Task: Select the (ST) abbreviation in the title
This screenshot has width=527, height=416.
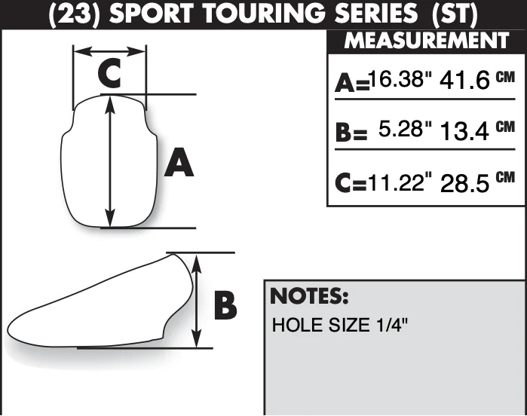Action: click(x=455, y=14)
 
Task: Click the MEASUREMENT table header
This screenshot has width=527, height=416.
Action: click(x=426, y=41)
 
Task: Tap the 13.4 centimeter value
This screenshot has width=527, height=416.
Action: click(x=464, y=131)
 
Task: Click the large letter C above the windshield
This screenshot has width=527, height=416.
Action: click(x=109, y=73)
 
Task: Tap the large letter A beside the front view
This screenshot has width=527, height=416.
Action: click(x=179, y=163)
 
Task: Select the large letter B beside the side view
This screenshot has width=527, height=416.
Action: click(x=225, y=307)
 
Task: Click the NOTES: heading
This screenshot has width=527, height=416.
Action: click(x=309, y=295)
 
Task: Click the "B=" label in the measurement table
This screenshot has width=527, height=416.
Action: click(x=351, y=133)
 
